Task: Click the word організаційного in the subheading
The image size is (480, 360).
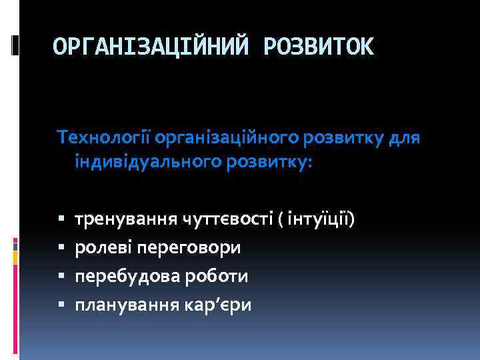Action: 227,137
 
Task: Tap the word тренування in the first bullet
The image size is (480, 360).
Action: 124,219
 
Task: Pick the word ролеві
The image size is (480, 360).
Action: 103,247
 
